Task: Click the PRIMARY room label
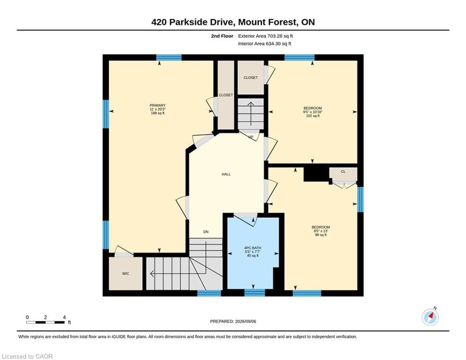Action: click(157, 105)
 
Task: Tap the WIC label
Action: click(126, 273)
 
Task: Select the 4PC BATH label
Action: click(252, 248)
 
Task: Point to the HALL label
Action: click(226, 174)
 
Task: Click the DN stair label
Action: click(206, 232)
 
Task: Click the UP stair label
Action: click(251, 137)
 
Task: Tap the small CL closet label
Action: click(343, 172)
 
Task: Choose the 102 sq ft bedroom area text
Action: click(313, 116)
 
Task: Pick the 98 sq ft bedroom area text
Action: click(321, 235)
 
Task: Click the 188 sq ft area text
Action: click(157, 113)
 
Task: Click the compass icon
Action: click(430, 317)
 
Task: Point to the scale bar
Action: click(45, 322)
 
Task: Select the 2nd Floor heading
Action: click(222, 36)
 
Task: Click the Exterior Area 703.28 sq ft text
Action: click(266, 36)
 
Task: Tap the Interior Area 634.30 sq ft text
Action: click(265, 44)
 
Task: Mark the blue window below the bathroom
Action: click(255, 293)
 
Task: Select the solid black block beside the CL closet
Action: click(316, 174)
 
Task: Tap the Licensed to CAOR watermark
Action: click(27, 356)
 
